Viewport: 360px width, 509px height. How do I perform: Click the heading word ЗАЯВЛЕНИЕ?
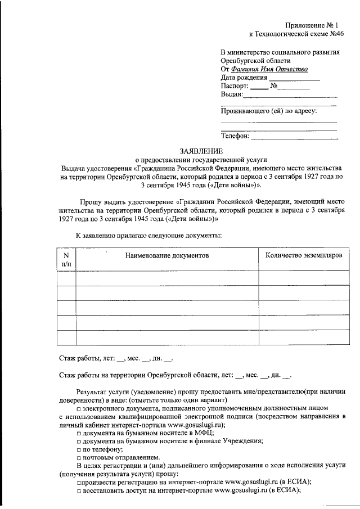(x=201, y=151)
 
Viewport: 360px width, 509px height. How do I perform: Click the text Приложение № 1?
(x=310, y=25)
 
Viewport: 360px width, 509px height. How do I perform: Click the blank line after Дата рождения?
(x=294, y=78)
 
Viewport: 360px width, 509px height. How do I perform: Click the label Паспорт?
(x=235, y=87)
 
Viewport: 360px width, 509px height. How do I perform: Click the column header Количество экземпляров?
(x=303, y=255)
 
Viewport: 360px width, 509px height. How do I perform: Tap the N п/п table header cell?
(x=66, y=259)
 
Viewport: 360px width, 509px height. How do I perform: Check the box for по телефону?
(x=79, y=450)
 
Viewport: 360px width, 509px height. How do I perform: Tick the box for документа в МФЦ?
(x=79, y=434)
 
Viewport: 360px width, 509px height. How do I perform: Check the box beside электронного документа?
(x=79, y=408)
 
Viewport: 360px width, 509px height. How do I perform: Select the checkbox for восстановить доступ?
(x=79, y=490)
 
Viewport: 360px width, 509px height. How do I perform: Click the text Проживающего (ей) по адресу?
(x=268, y=111)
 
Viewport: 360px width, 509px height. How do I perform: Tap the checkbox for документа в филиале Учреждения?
(x=79, y=442)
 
